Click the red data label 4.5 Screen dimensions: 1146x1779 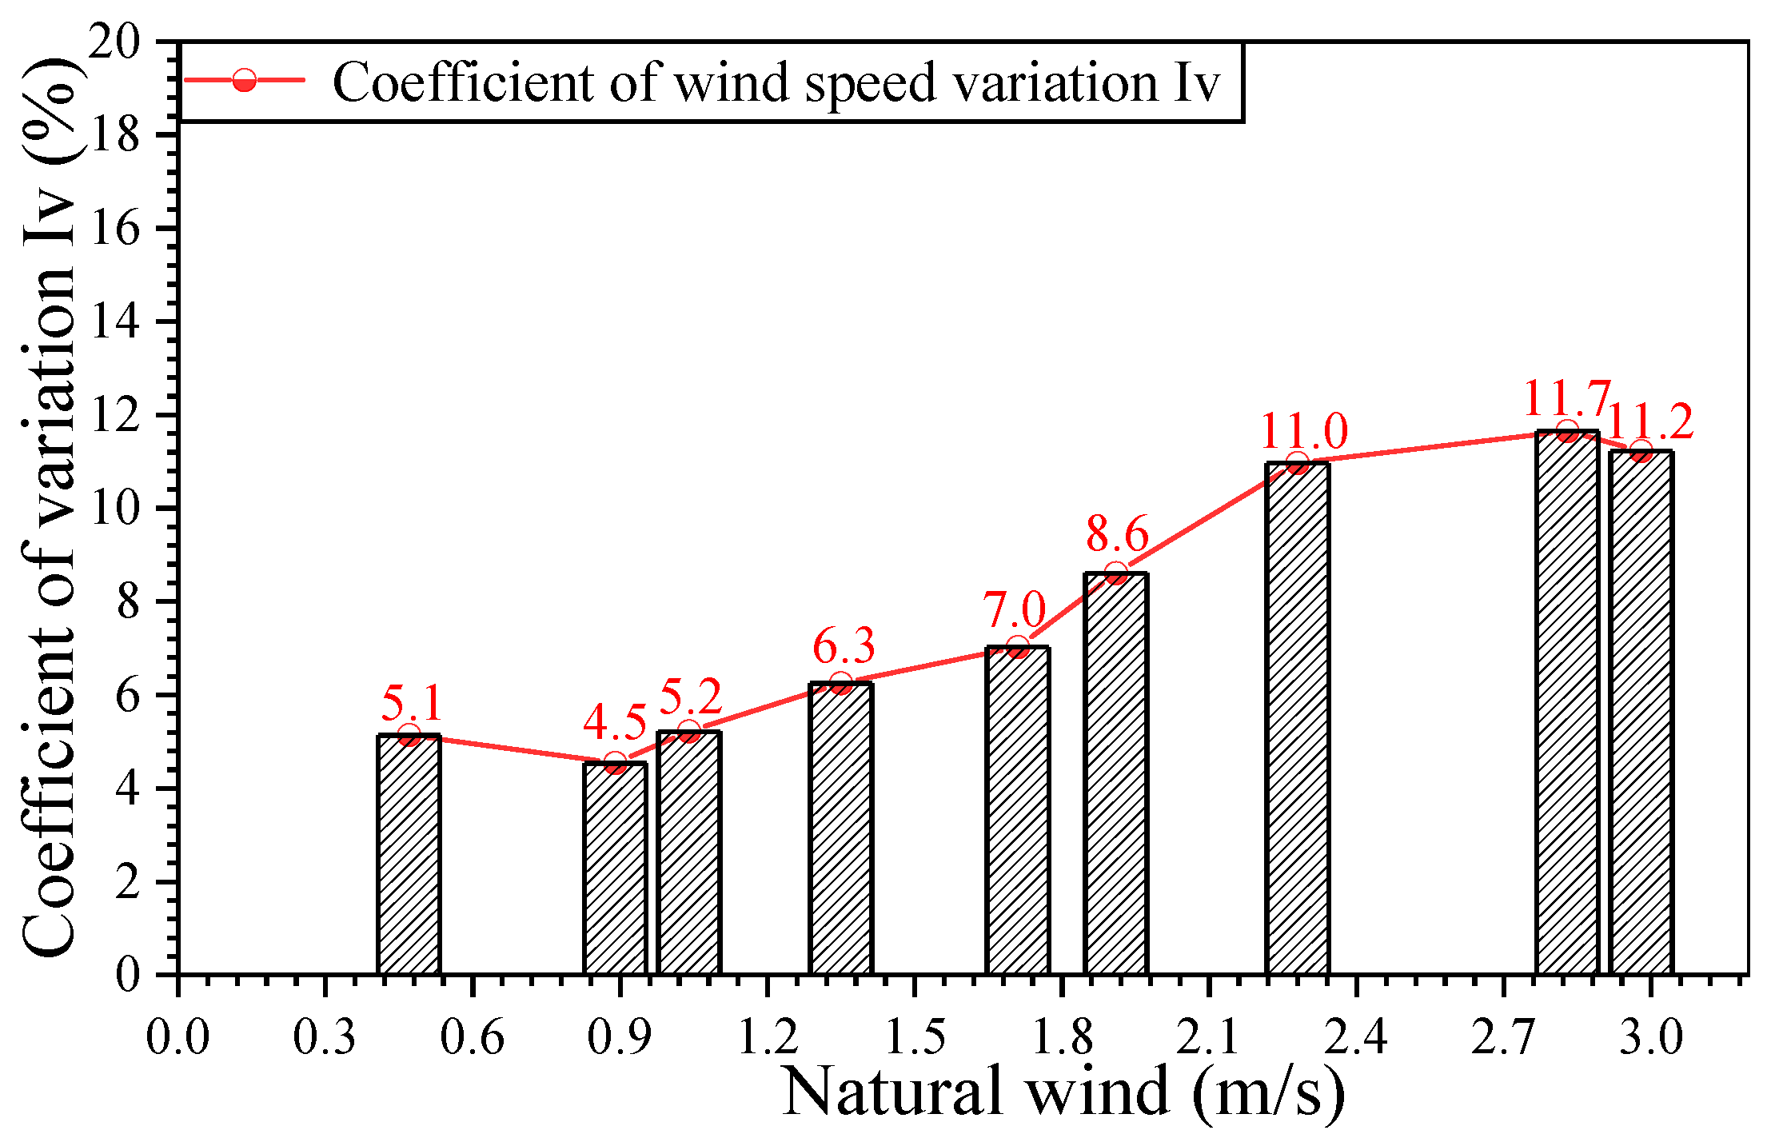[614, 723]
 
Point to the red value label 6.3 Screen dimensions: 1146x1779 [844, 646]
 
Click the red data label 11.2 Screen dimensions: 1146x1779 [1649, 421]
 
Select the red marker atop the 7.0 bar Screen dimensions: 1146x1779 [1017, 648]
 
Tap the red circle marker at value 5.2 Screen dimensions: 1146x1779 [689, 732]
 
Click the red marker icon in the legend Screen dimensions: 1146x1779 [244, 80]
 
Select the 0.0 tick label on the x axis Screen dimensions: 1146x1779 [178, 1037]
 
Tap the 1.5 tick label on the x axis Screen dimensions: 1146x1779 [915, 1037]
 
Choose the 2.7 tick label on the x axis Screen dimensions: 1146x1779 [1503, 1037]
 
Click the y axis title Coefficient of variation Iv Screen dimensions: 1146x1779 [50, 512]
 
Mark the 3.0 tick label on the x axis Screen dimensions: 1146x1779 [1650, 1037]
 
